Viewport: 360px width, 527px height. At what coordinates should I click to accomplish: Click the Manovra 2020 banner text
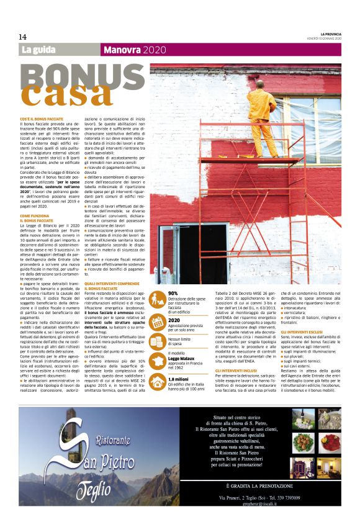(x=130, y=50)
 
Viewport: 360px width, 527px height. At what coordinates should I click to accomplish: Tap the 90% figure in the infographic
(x=173, y=293)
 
